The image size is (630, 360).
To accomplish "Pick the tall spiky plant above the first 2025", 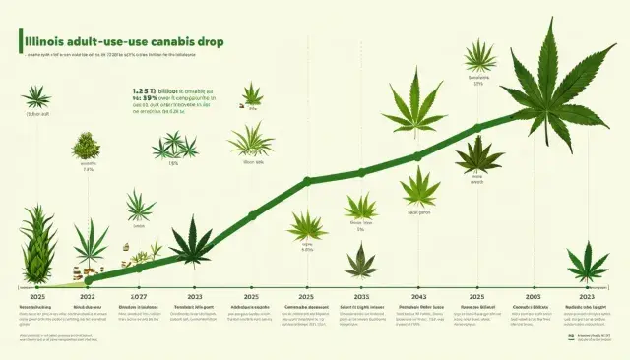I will pyautogui.click(x=36, y=246).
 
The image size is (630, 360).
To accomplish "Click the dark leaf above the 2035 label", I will pyautogui.click(x=360, y=260).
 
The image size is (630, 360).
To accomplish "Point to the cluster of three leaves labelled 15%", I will pyautogui.click(x=174, y=148).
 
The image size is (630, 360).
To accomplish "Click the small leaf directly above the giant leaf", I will pyautogui.click(x=480, y=55).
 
